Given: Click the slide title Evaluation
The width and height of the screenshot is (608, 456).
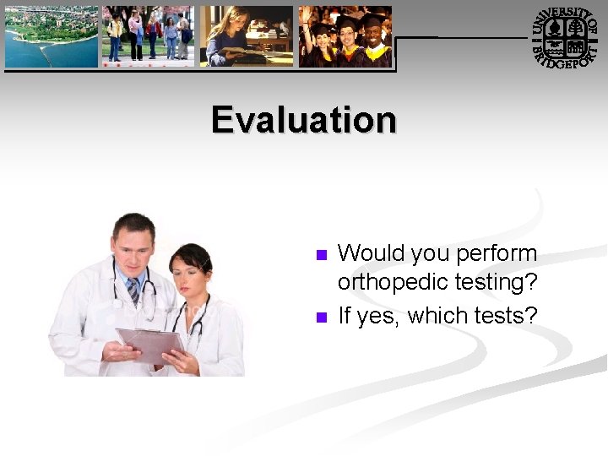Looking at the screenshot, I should coord(304,119).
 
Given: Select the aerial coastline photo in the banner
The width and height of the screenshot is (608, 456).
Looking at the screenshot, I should coord(51,36).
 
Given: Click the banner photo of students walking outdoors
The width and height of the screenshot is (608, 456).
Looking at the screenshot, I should coord(148,36).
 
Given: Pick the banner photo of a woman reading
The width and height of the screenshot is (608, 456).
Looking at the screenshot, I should coord(246,36).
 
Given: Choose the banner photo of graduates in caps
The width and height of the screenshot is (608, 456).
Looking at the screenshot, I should coord(345,36).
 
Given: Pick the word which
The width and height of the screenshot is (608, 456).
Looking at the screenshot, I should coord(435,316).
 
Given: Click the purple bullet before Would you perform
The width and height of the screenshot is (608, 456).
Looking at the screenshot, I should coord(320,255).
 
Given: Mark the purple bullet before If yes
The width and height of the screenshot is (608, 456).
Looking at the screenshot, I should coord(320,318).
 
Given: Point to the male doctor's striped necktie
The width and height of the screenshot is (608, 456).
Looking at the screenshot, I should coord(133,291).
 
